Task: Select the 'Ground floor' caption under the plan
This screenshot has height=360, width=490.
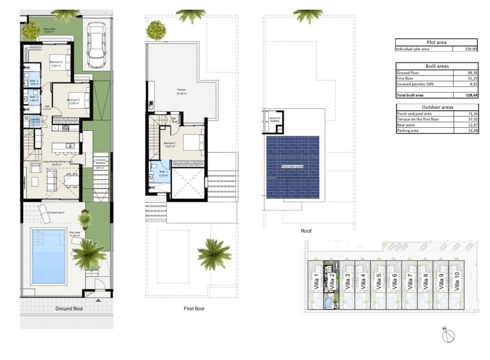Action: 70,309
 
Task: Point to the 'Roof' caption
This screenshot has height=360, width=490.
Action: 306,230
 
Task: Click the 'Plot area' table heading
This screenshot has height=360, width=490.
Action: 437,43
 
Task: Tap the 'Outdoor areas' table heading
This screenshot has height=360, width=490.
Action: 437,107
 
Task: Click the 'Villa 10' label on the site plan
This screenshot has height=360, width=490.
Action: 457,285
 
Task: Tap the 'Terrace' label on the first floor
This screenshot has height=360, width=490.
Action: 180,90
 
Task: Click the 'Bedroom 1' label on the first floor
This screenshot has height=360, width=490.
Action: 170,142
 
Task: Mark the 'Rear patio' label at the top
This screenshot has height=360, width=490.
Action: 49,29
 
